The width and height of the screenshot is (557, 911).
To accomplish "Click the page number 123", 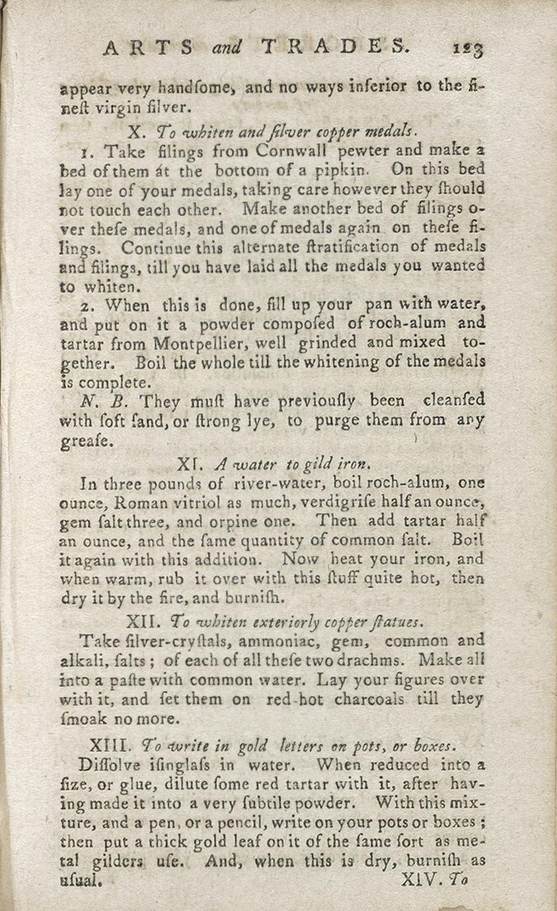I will pos(468,49).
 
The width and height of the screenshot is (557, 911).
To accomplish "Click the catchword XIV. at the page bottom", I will pos(421,880).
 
